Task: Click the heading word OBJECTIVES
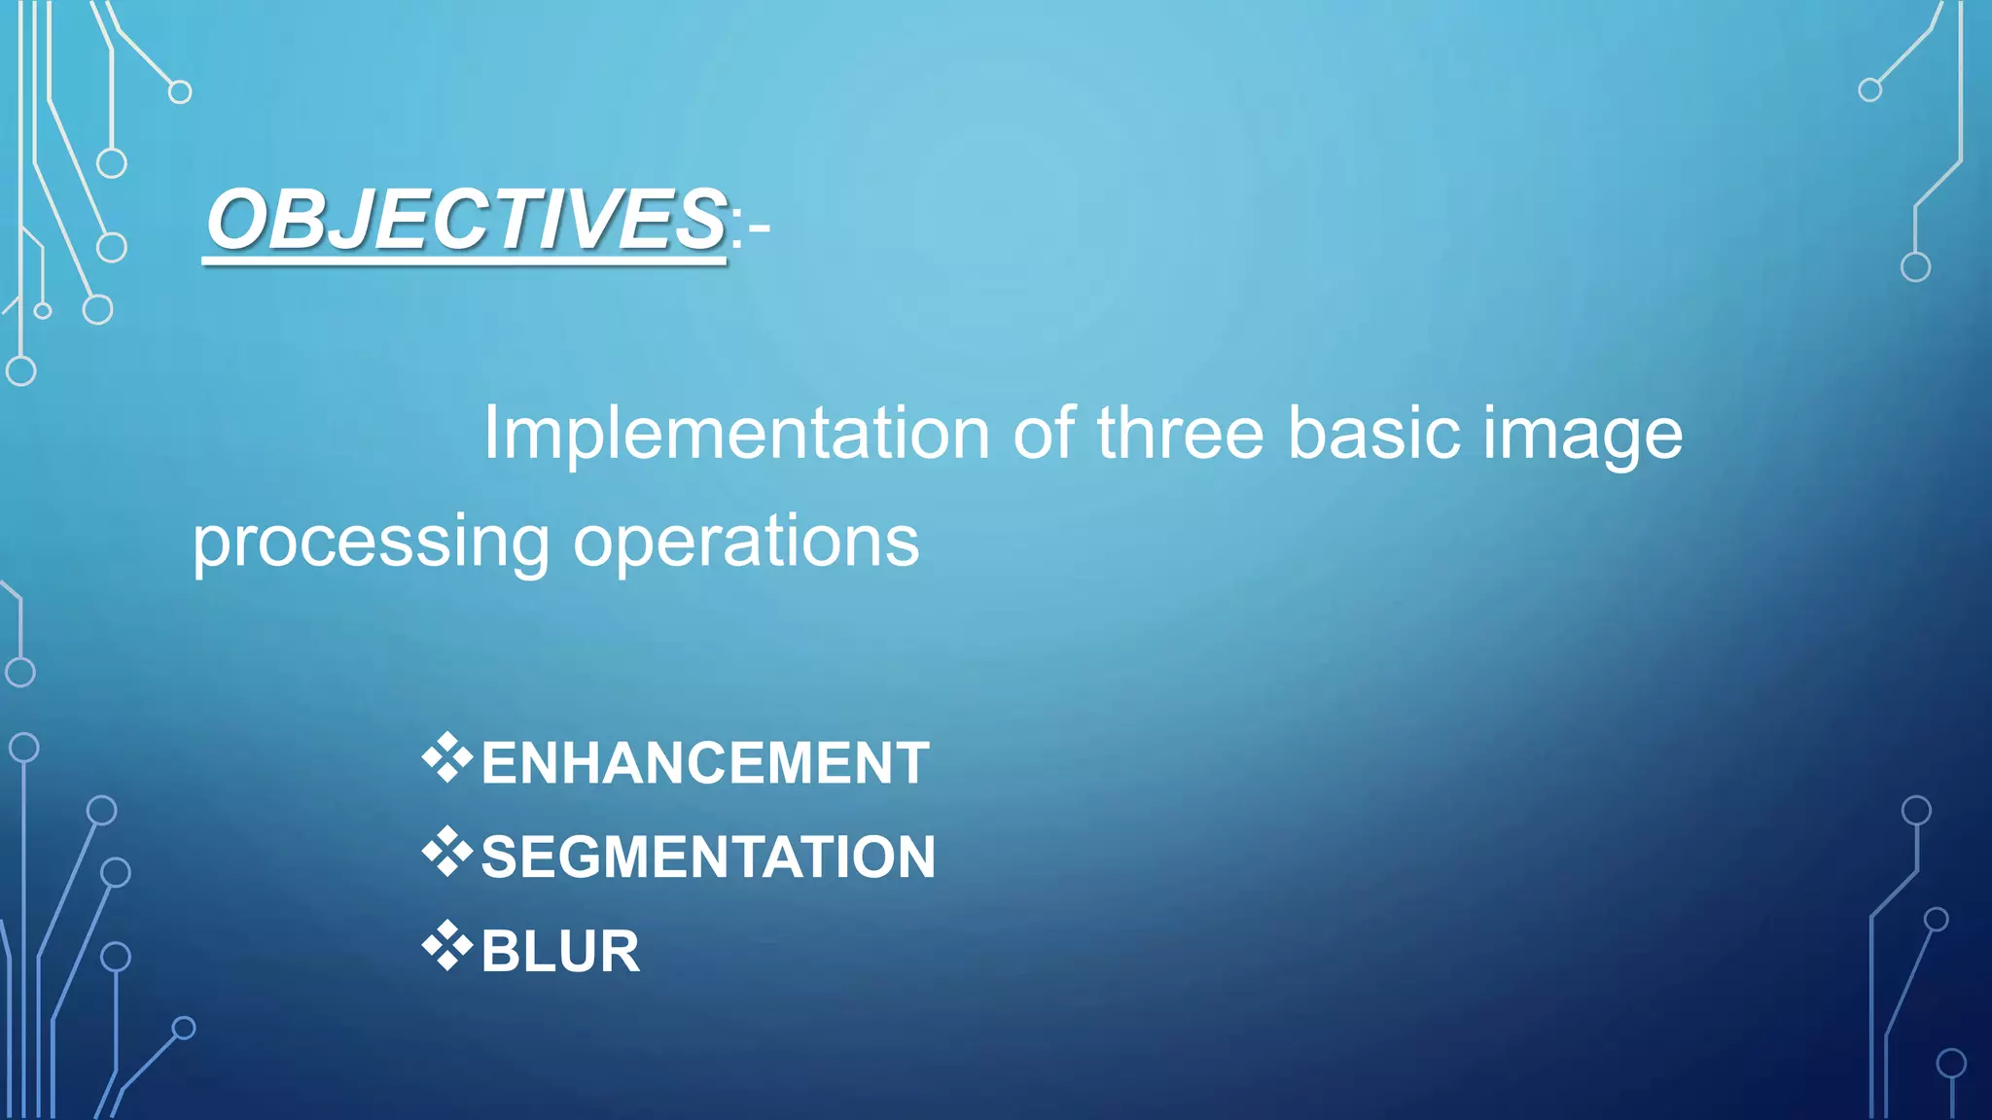point(465,219)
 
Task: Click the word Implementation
point(736,433)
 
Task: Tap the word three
point(1180,433)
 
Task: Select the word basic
point(1373,433)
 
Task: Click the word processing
point(371,542)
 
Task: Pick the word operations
point(745,542)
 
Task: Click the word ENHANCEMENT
point(705,762)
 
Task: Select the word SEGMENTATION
point(708,857)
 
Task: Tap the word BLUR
point(560,951)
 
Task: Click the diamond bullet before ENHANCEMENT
point(446,758)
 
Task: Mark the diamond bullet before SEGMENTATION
point(446,853)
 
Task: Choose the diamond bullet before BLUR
point(446,946)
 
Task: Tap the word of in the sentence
point(1044,433)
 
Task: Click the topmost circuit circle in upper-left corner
point(180,92)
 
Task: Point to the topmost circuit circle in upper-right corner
point(1869,90)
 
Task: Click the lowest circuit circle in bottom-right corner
point(1951,1064)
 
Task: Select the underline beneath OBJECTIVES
point(465,261)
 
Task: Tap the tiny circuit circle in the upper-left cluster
point(43,311)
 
